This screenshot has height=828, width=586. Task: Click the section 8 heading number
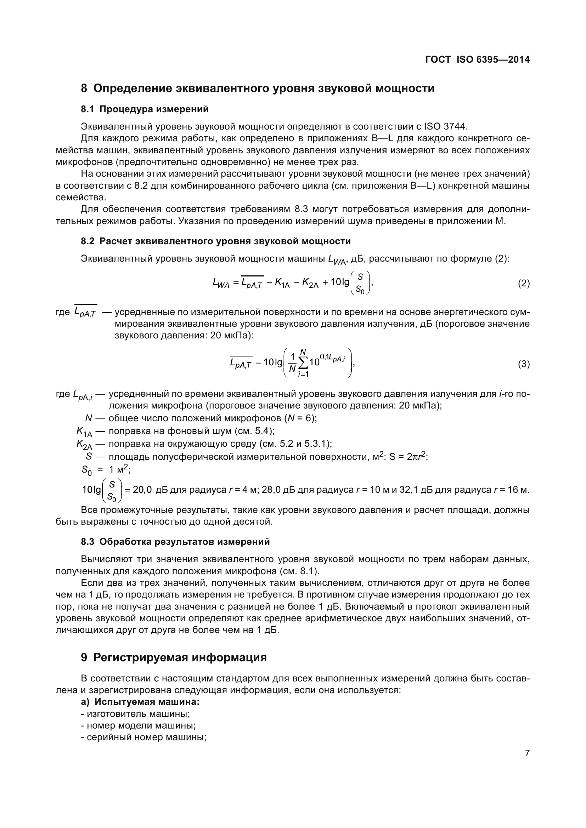pos(84,88)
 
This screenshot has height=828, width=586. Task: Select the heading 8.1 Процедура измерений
pos(145,109)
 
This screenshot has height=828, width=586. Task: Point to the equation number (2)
pos(524,284)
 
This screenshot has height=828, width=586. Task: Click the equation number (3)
pos(524,364)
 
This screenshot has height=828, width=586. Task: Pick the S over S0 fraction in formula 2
pos(360,283)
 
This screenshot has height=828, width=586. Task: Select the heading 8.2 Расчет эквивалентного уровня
pos(215,241)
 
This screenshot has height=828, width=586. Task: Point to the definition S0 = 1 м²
pos(105,469)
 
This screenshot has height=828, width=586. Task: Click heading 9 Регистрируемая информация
pos(174,657)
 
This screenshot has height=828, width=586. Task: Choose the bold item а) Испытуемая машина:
pos(140,702)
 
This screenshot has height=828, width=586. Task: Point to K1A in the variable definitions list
pos(84,432)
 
